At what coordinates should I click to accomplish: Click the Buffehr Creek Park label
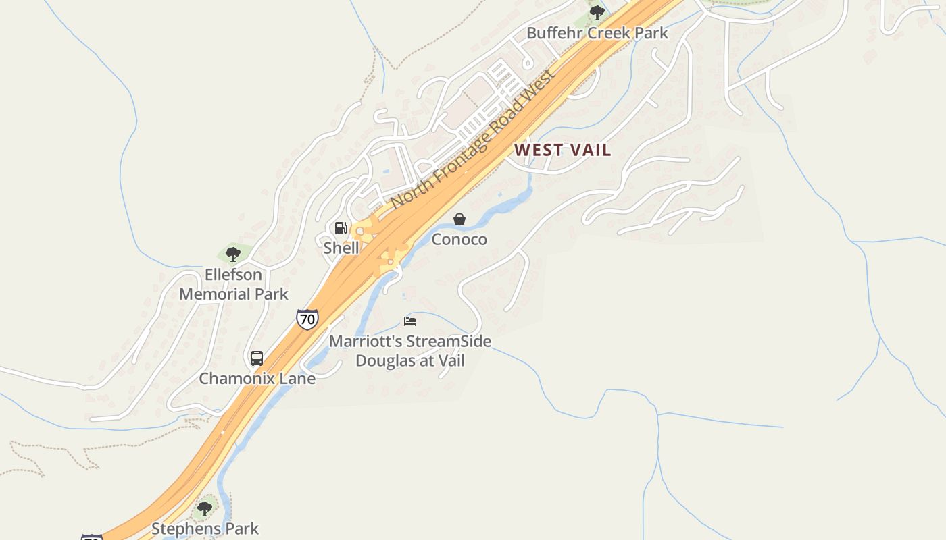tap(597, 32)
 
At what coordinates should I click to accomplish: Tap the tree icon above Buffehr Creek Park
tap(597, 12)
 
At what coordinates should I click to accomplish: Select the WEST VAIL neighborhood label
tap(563, 150)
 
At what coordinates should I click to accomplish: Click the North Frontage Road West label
tap(474, 139)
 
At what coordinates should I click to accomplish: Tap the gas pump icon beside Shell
tap(341, 228)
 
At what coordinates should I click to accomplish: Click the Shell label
tap(341, 248)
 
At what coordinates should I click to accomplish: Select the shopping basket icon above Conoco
tap(459, 219)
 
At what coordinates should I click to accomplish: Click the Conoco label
tap(459, 239)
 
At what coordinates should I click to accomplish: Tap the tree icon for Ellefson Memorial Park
tap(233, 254)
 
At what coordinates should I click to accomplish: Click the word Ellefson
tap(234, 275)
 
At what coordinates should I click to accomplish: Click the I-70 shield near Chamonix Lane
tap(307, 319)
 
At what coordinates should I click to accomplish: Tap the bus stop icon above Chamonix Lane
tap(257, 358)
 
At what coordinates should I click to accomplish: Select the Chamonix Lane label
tap(257, 378)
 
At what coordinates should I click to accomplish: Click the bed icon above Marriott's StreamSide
tap(410, 321)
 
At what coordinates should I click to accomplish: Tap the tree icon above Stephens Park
tap(205, 508)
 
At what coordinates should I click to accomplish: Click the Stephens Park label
tap(205, 528)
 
